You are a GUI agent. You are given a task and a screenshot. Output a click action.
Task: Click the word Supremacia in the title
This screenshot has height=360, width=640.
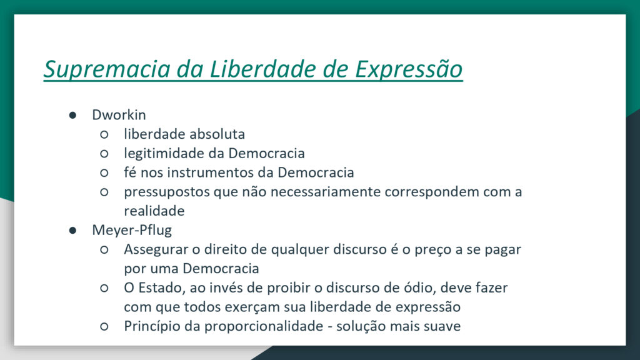click(x=107, y=69)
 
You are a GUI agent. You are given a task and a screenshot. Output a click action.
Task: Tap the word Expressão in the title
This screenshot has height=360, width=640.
click(x=409, y=69)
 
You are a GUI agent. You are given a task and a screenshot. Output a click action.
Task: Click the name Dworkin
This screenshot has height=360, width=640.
click(x=119, y=115)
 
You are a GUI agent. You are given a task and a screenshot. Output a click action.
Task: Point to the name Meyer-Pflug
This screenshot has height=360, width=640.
click(x=132, y=230)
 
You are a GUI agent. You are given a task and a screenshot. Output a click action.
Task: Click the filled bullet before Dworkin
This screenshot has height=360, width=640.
click(x=72, y=116)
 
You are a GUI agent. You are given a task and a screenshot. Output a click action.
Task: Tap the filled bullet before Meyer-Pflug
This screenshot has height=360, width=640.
click(x=72, y=231)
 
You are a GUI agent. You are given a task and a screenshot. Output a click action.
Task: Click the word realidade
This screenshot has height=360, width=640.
click(x=154, y=211)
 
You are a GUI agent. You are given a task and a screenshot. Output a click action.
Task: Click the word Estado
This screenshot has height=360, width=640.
click(x=160, y=288)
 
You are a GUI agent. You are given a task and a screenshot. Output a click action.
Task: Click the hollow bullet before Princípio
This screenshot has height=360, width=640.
click(x=104, y=326)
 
